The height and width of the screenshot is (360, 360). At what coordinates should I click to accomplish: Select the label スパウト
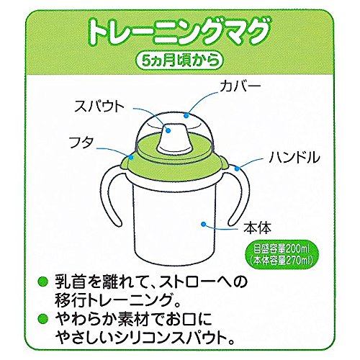(99, 107)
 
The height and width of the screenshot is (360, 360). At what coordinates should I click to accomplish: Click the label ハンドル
(294, 157)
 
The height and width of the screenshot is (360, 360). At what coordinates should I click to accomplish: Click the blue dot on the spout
(168, 130)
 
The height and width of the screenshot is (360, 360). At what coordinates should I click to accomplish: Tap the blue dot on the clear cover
(186, 116)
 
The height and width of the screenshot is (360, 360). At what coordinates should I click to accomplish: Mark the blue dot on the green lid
(131, 157)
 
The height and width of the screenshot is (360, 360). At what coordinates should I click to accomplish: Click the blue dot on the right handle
(237, 168)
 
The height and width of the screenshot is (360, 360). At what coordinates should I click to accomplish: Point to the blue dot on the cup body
(203, 224)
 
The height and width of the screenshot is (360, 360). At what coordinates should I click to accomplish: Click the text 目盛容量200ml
(282, 250)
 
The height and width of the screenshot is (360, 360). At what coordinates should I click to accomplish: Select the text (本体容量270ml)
(282, 260)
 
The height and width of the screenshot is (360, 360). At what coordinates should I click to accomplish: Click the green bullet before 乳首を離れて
(44, 282)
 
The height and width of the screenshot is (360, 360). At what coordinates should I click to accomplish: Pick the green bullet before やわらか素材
(44, 320)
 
